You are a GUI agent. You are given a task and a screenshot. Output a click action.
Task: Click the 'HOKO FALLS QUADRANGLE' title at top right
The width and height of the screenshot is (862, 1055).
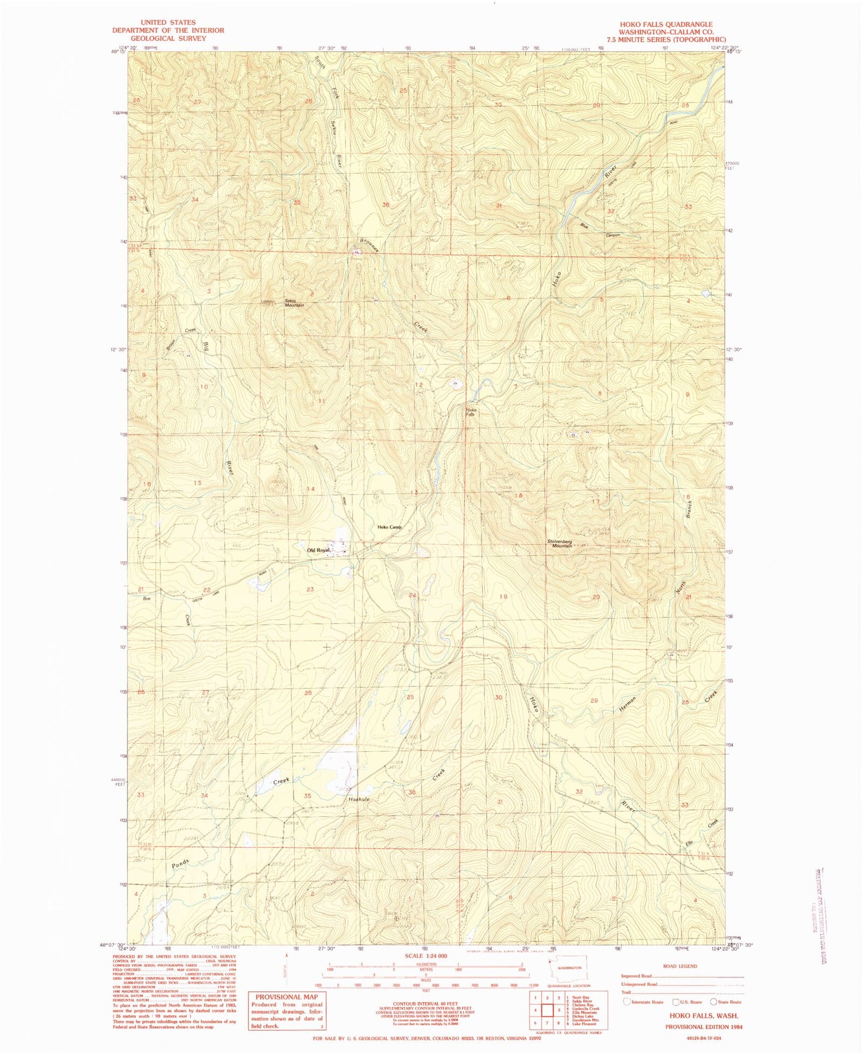665,25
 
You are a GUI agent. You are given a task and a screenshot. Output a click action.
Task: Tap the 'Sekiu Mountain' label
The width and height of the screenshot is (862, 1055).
294,303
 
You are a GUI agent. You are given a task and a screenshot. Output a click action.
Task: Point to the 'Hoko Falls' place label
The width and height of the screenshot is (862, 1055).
471,411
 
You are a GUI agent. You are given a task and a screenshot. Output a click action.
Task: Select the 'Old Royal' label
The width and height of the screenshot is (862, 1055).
318,550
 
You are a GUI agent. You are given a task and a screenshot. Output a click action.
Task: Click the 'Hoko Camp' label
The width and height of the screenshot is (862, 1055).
389,527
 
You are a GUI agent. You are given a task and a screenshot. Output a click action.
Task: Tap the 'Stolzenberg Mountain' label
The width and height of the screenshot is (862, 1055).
559,543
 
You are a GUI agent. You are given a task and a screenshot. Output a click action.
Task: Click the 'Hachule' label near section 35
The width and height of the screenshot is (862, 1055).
359,799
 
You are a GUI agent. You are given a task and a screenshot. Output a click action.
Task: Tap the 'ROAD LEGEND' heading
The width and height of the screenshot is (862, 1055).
680,966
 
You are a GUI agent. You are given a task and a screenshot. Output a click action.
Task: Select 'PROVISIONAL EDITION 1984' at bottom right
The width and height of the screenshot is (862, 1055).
702,1026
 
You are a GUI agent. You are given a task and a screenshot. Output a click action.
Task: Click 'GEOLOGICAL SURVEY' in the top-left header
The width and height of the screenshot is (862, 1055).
168,38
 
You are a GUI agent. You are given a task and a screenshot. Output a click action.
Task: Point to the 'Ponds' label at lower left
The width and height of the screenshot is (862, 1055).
180,863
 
